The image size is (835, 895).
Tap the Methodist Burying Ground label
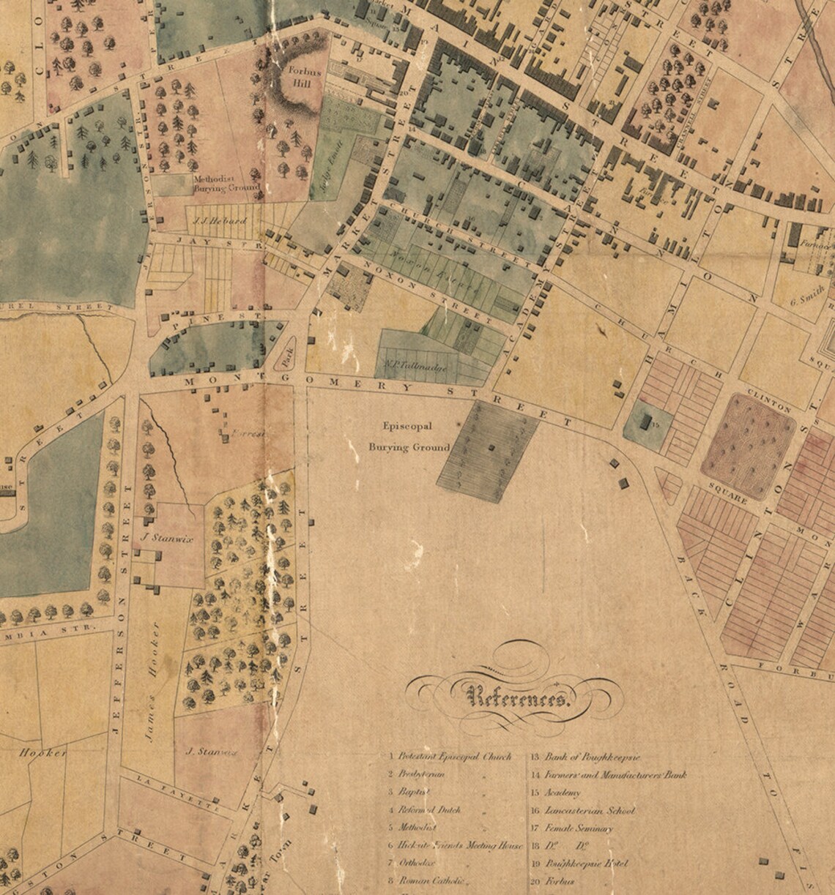click(x=226, y=183)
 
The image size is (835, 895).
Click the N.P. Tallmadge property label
click(x=415, y=364)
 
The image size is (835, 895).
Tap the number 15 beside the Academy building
click(x=656, y=424)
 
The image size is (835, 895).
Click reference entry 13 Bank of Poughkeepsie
click(x=583, y=757)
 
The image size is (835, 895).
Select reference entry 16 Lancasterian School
click(x=582, y=811)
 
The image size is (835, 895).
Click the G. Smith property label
click(x=806, y=298)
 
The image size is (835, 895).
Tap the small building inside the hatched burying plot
click(x=490, y=446)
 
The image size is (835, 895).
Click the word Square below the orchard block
click(x=727, y=494)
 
